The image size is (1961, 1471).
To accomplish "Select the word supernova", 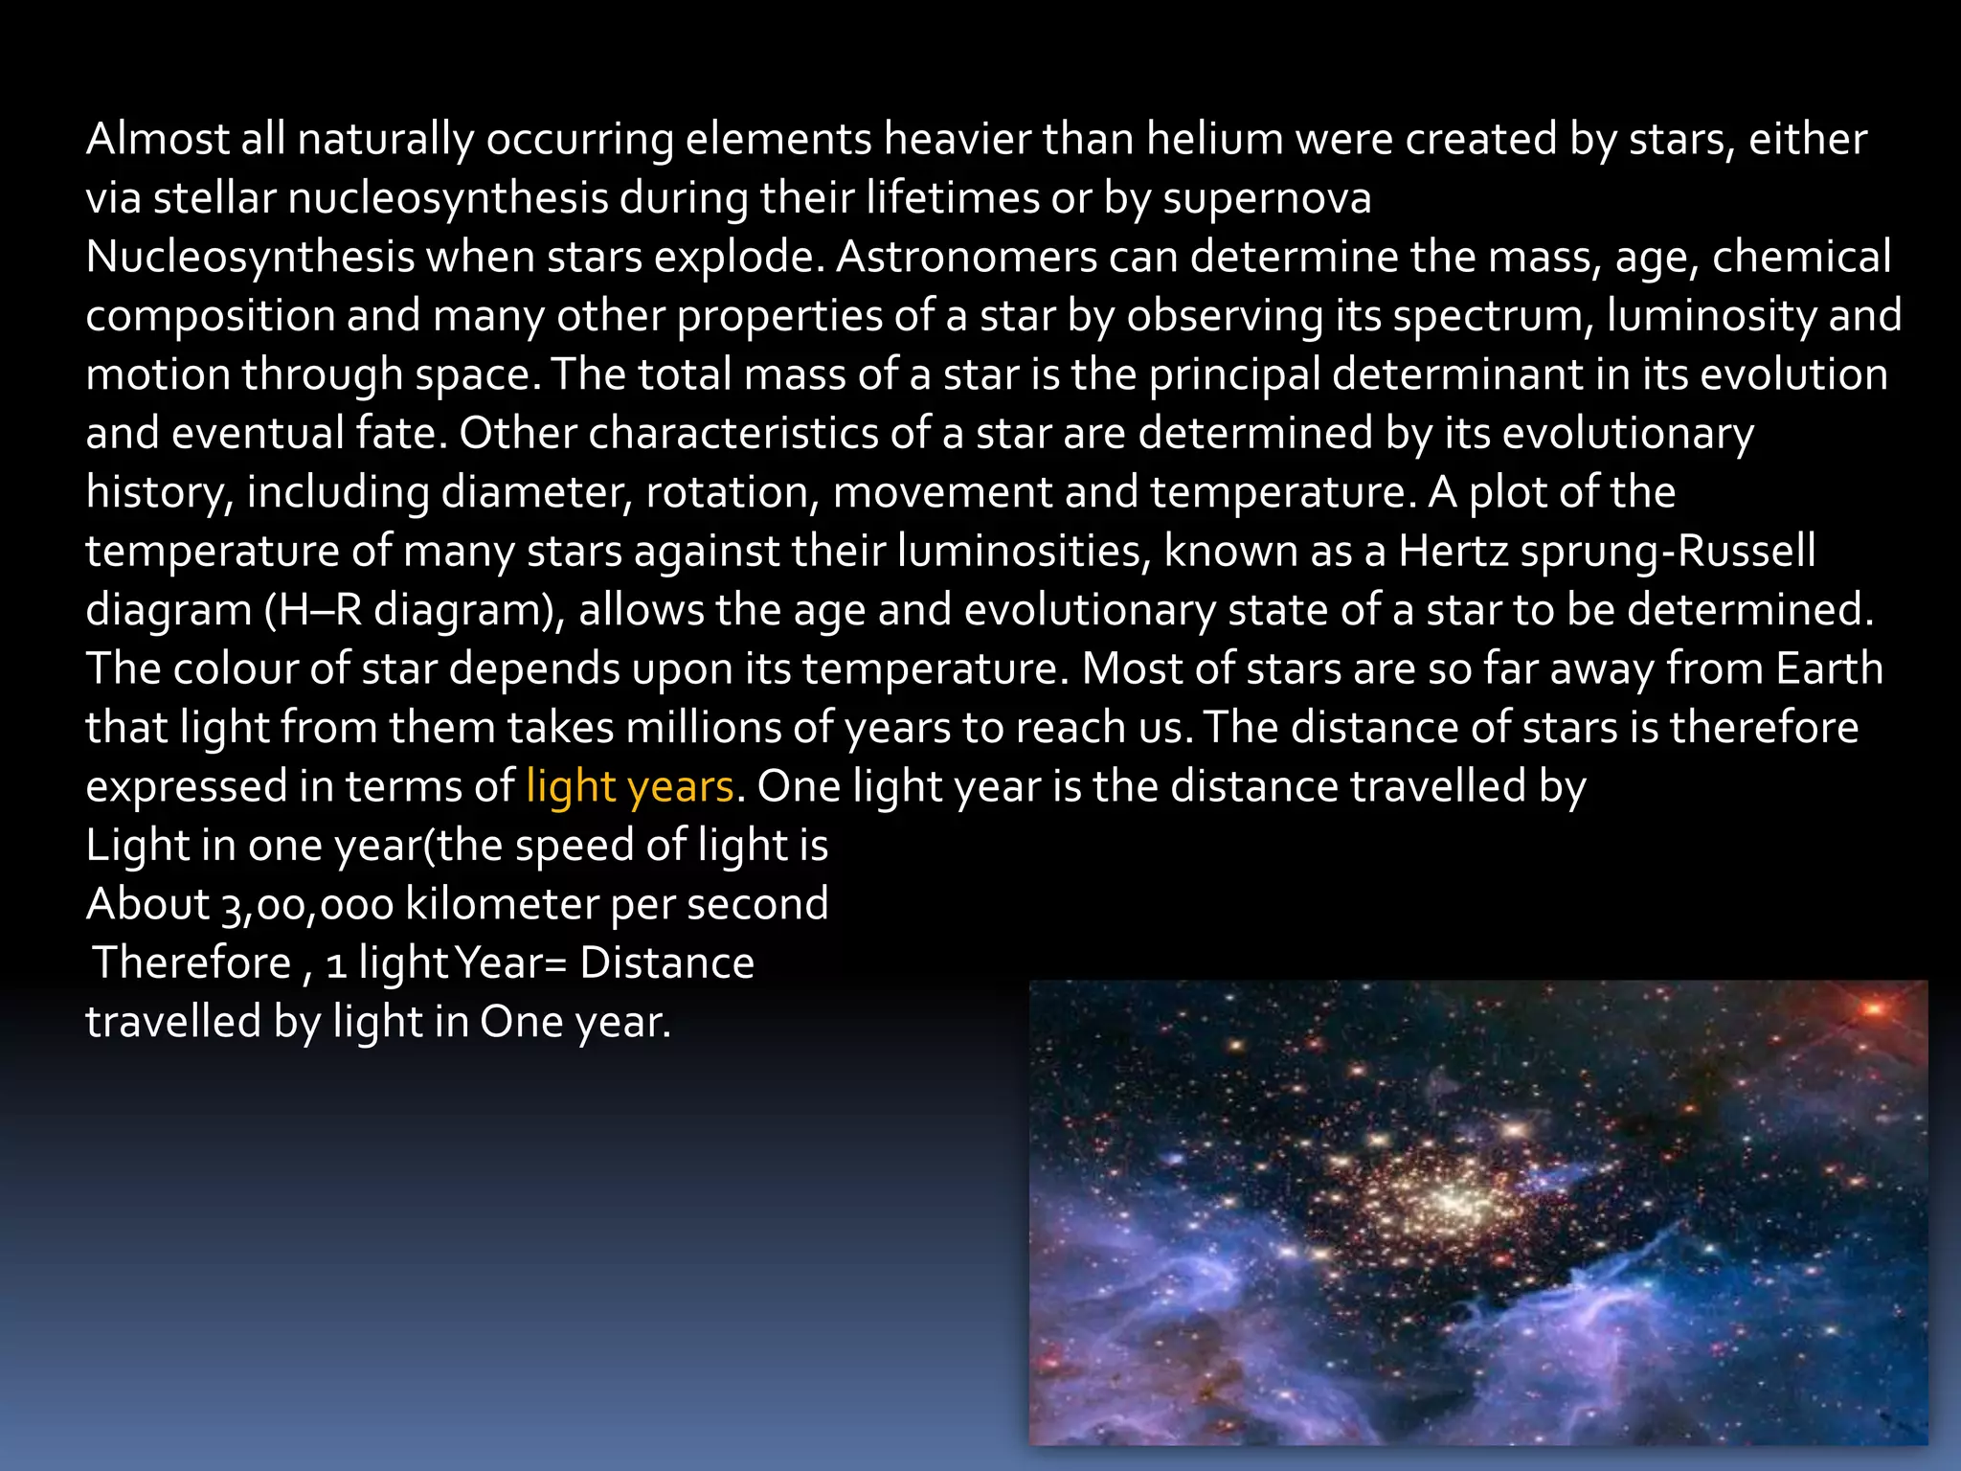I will point(1267,199).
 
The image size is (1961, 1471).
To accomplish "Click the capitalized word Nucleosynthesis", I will point(250,258).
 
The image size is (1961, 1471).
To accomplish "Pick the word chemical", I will point(1801,258).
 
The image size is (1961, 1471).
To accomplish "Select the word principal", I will point(1234,375).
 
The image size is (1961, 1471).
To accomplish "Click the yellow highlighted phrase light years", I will point(630,787).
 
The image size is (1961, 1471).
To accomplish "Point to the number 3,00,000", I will point(307,905).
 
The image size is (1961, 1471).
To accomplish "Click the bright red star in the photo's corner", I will point(1873,1008).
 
